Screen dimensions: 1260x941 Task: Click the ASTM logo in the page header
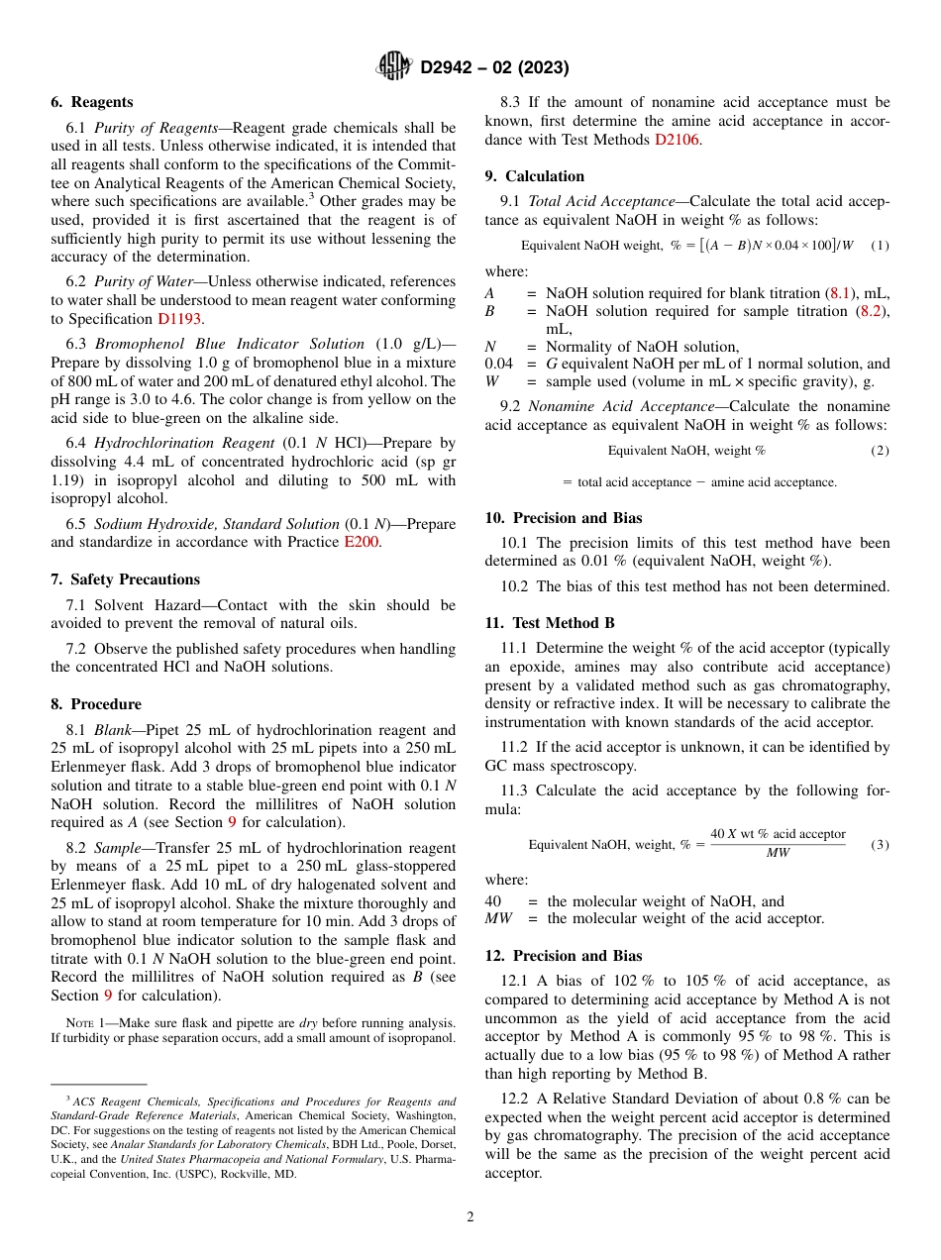tap(393, 66)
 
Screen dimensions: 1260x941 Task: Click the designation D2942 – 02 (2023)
tap(493, 68)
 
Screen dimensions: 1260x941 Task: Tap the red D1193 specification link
tap(179, 319)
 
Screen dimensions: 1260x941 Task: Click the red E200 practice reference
tap(362, 542)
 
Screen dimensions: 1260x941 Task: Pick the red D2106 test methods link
tap(677, 140)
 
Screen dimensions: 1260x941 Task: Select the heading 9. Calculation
tap(534, 176)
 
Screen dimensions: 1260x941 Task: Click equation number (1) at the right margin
tap(880, 245)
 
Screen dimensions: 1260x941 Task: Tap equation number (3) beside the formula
tap(880, 845)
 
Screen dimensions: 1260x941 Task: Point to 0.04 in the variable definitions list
tap(498, 364)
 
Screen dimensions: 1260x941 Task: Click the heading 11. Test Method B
tap(549, 623)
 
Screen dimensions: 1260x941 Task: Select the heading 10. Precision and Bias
tap(563, 518)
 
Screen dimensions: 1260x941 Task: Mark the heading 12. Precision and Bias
tap(563, 956)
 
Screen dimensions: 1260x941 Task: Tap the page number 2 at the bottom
tap(470, 1217)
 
